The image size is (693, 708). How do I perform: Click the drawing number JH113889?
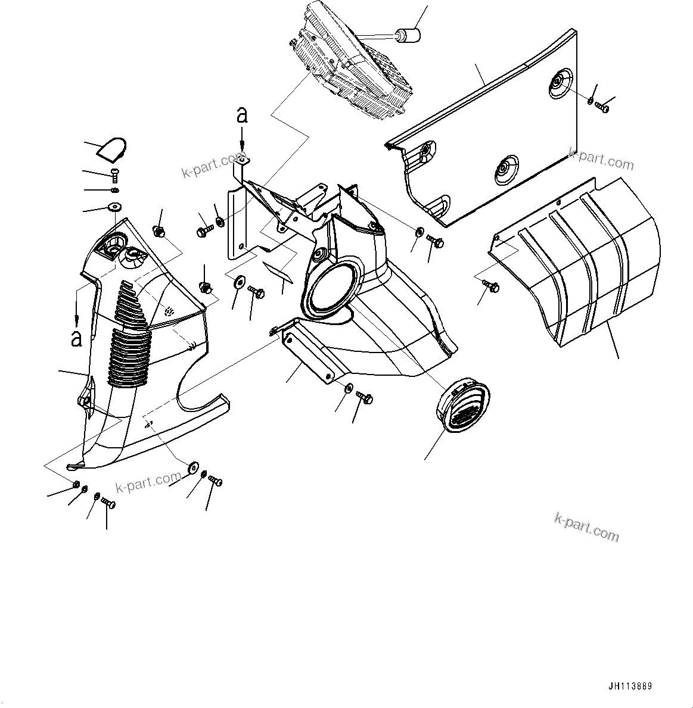point(630,687)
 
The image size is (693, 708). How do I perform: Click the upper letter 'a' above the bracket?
point(241,114)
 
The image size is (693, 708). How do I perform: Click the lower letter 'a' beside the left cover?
point(76,338)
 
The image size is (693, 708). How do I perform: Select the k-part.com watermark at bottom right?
point(586,526)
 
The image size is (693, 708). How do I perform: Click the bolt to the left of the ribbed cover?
point(493,286)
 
